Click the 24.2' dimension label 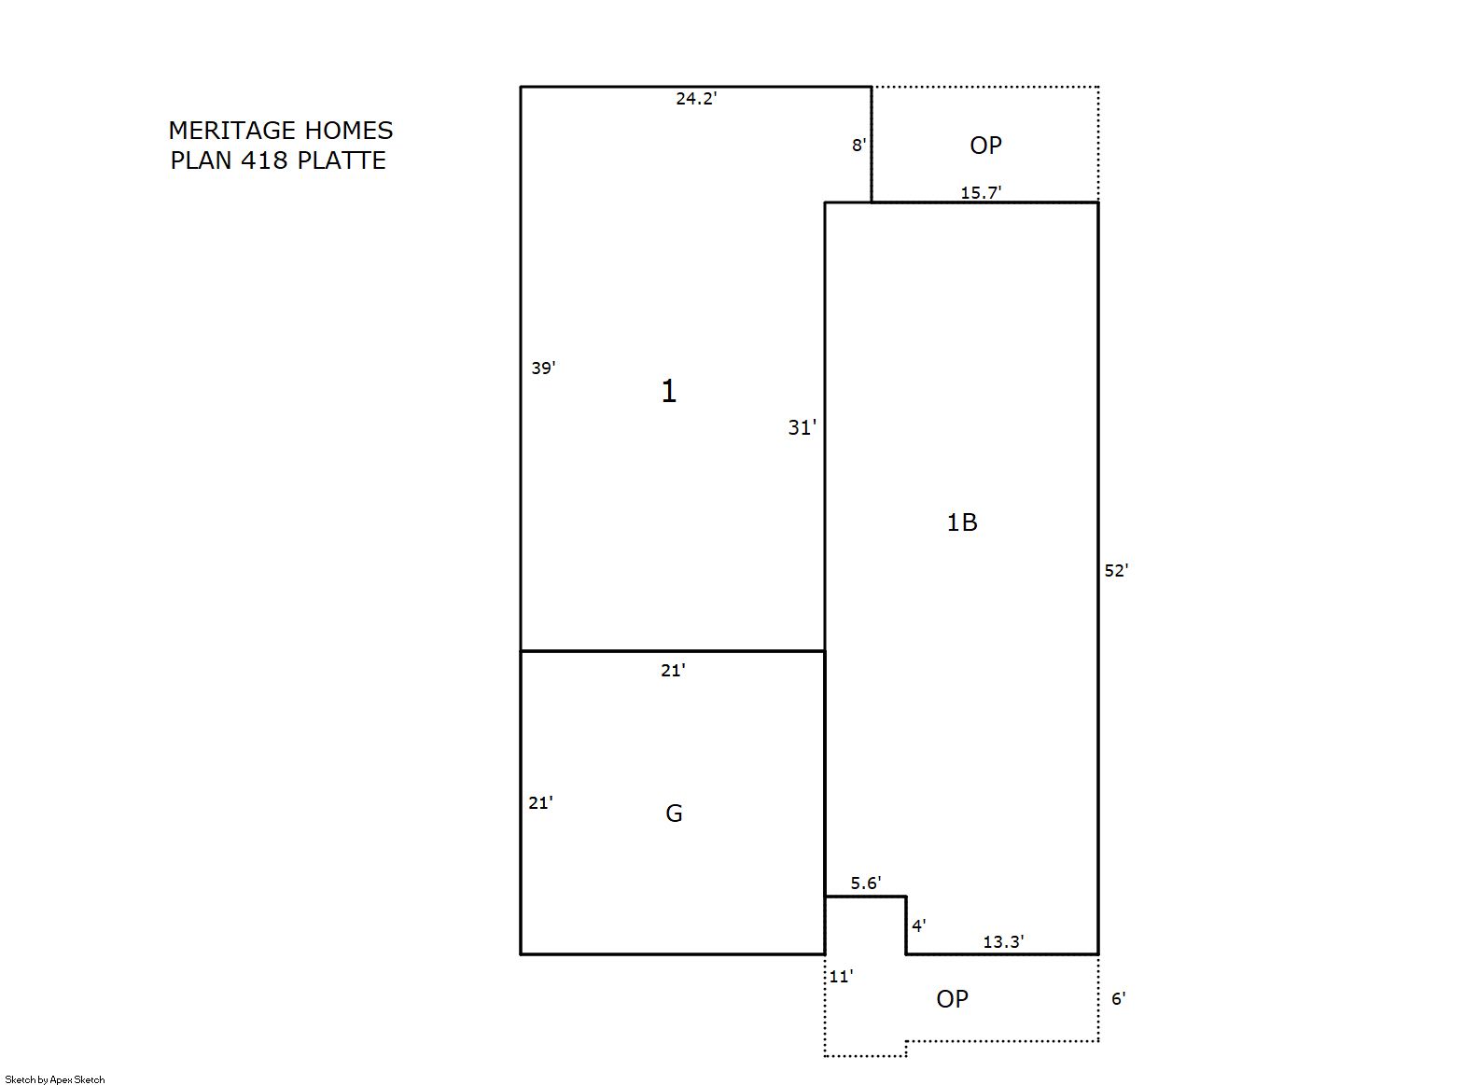[696, 98]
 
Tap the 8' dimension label [858, 145]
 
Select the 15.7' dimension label [981, 193]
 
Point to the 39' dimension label [543, 368]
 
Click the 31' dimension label [802, 427]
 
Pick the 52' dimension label [1117, 570]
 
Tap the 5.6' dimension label [866, 883]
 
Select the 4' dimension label [919, 926]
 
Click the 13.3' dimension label [1003, 941]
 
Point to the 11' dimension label [841, 976]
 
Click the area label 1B [962, 522]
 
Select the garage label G [674, 814]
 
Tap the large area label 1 [669, 391]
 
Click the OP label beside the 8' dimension [985, 146]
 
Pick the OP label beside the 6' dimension [952, 999]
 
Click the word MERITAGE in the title [232, 131]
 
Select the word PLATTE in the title [342, 160]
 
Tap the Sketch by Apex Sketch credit [55, 1079]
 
